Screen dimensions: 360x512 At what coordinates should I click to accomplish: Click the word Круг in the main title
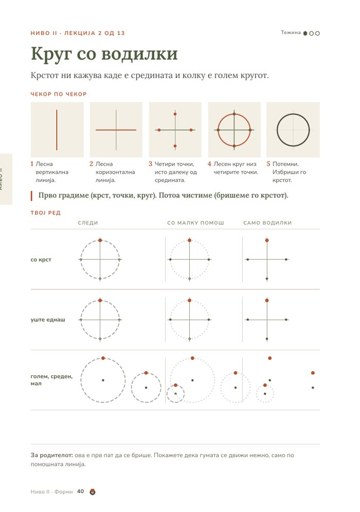50,54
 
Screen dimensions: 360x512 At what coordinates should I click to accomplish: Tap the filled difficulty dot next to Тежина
305,33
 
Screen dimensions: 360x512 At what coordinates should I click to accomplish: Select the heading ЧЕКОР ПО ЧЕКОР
59,94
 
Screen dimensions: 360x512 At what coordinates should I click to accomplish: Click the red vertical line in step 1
57,130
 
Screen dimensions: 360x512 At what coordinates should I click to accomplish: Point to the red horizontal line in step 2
116,130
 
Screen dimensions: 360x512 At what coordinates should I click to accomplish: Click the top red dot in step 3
175,114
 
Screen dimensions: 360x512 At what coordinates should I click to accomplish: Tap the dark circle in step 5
293,114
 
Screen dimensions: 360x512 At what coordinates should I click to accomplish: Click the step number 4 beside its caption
209,164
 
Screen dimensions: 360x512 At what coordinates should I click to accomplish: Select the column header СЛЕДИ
88,223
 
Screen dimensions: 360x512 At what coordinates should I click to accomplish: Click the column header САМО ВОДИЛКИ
267,223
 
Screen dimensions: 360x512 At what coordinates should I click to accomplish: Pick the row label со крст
41,260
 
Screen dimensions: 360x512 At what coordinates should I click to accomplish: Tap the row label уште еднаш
48,320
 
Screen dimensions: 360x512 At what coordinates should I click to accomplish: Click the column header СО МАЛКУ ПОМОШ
195,223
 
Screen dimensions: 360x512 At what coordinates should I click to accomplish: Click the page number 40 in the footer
80,491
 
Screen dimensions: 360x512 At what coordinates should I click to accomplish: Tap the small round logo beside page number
93,491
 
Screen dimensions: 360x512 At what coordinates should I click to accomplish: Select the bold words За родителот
51,455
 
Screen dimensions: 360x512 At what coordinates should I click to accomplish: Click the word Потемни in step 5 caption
285,164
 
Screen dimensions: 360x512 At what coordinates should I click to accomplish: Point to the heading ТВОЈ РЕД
45,213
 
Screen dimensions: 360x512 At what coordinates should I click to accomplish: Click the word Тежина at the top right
291,32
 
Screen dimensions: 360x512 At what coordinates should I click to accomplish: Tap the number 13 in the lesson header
120,33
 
